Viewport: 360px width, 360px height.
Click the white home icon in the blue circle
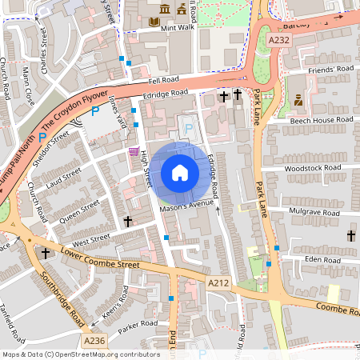tap(180, 173)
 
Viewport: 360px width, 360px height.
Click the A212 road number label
tap(218, 283)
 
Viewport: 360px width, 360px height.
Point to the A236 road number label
tap(94, 341)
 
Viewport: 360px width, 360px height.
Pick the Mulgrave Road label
tap(315, 211)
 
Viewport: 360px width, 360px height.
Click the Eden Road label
tap(322, 259)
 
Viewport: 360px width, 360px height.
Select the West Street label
tap(89, 238)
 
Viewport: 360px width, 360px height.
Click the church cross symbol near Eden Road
tap(350, 236)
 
